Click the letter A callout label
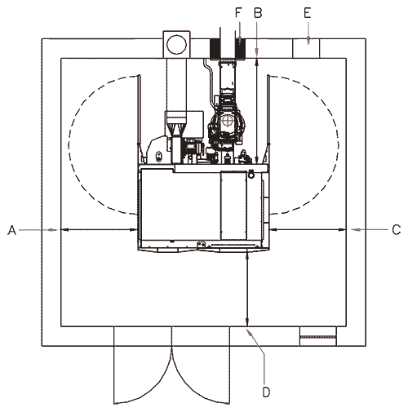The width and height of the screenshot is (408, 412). [x=12, y=230]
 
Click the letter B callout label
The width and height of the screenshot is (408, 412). [x=258, y=13]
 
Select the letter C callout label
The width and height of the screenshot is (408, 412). [x=397, y=230]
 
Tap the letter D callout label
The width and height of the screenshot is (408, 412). [x=267, y=392]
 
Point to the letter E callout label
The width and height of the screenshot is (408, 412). [x=308, y=13]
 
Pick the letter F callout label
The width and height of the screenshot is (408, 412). [x=238, y=13]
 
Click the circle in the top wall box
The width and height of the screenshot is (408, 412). [x=176, y=45]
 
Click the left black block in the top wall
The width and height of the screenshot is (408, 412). [x=215, y=49]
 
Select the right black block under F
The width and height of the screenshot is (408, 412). [x=240, y=49]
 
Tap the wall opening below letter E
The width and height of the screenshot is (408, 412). [x=306, y=48]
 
